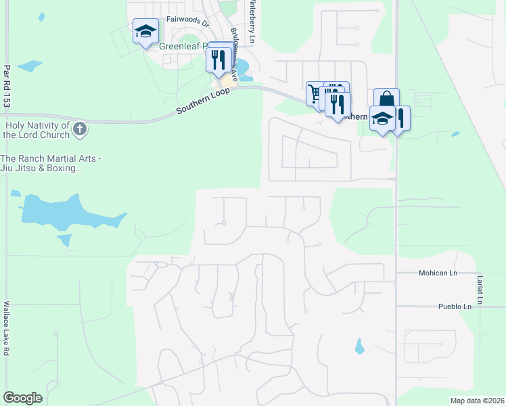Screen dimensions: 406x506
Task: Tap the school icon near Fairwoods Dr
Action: click(145, 31)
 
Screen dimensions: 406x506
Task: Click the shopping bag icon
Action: click(386, 99)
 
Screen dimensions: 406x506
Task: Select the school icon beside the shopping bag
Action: click(382, 118)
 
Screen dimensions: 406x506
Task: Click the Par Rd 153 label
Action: click(7, 86)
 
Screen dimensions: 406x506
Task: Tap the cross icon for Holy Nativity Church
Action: click(80, 129)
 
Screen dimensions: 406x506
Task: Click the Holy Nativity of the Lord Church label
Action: click(37, 130)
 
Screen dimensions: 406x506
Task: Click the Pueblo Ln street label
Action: click(454, 307)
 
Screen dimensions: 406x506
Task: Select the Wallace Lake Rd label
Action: click(7, 328)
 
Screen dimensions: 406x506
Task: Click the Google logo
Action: click(22, 398)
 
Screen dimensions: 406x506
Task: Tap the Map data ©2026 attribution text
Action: click(477, 401)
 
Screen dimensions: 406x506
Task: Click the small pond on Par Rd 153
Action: click(30, 66)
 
